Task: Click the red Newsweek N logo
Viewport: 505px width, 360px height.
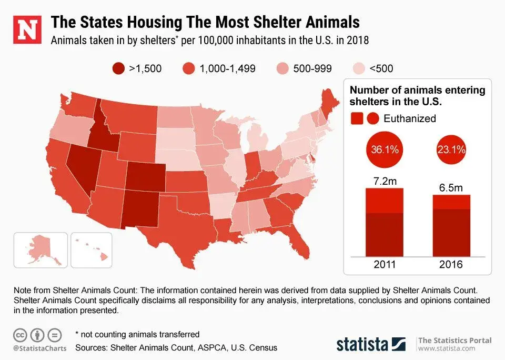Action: coord(26,29)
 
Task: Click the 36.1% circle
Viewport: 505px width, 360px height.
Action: coord(384,149)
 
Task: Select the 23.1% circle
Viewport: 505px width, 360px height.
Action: coord(451,149)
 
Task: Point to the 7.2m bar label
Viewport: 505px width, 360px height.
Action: coord(384,182)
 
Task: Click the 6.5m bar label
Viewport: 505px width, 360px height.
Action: coord(451,187)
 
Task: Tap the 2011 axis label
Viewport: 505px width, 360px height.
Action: coord(384,265)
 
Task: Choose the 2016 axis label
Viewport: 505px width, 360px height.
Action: coord(451,265)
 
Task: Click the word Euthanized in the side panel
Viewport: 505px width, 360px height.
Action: coord(410,118)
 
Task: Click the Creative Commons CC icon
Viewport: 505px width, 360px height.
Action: coord(20,334)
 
